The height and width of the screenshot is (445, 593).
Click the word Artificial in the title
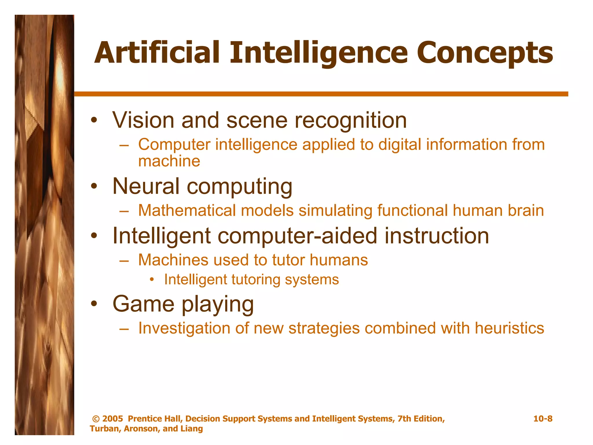pos(157,53)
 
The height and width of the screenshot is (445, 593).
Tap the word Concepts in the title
pos(484,53)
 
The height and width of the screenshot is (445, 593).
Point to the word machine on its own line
pos(169,161)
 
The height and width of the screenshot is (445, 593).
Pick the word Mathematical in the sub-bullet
pos(187,210)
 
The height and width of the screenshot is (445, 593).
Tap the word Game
pos(143,304)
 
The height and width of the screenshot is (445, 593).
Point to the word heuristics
pos(509,328)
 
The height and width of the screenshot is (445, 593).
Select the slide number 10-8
pos(543,419)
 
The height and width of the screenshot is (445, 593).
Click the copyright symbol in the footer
pos(96,419)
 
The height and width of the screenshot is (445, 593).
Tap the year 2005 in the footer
pos(113,419)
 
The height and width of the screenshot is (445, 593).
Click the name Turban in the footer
pos(105,429)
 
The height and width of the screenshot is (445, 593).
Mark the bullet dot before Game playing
pos(94,304)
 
